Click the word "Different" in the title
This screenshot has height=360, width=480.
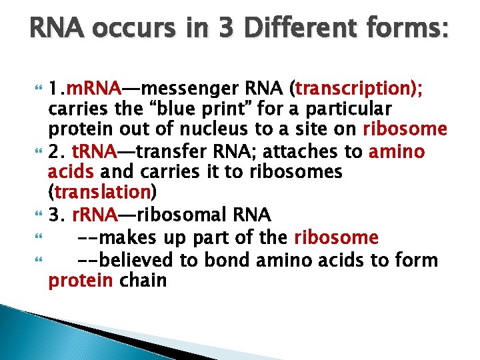click(287, 30)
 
